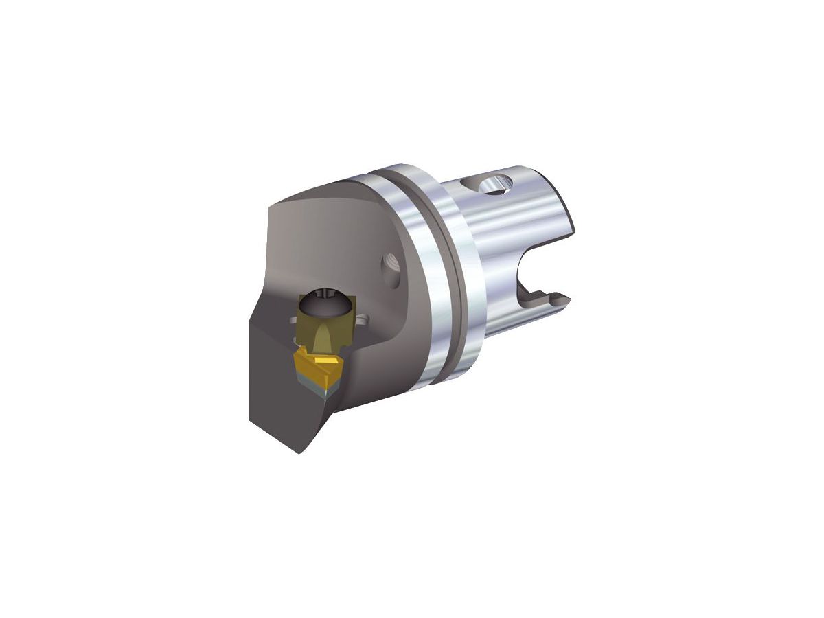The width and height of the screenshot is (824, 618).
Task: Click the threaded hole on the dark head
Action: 389,263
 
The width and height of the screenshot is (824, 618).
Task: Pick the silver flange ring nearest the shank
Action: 467,268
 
